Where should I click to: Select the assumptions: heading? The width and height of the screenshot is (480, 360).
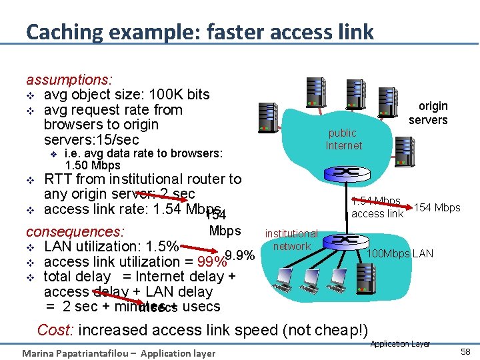coord(69,79)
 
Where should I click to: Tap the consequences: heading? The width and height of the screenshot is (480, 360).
coord(75,232)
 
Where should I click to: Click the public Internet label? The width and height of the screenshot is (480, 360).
coord(343,139)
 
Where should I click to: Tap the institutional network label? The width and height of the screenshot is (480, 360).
coord(291,240)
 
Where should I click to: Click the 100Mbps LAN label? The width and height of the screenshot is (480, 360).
coord(400,253)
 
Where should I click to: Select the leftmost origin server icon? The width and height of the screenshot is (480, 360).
coord(268,118)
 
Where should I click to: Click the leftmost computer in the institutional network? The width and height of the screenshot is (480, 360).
coord(285,277)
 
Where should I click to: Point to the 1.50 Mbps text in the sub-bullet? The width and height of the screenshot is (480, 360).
coord(93,165)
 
